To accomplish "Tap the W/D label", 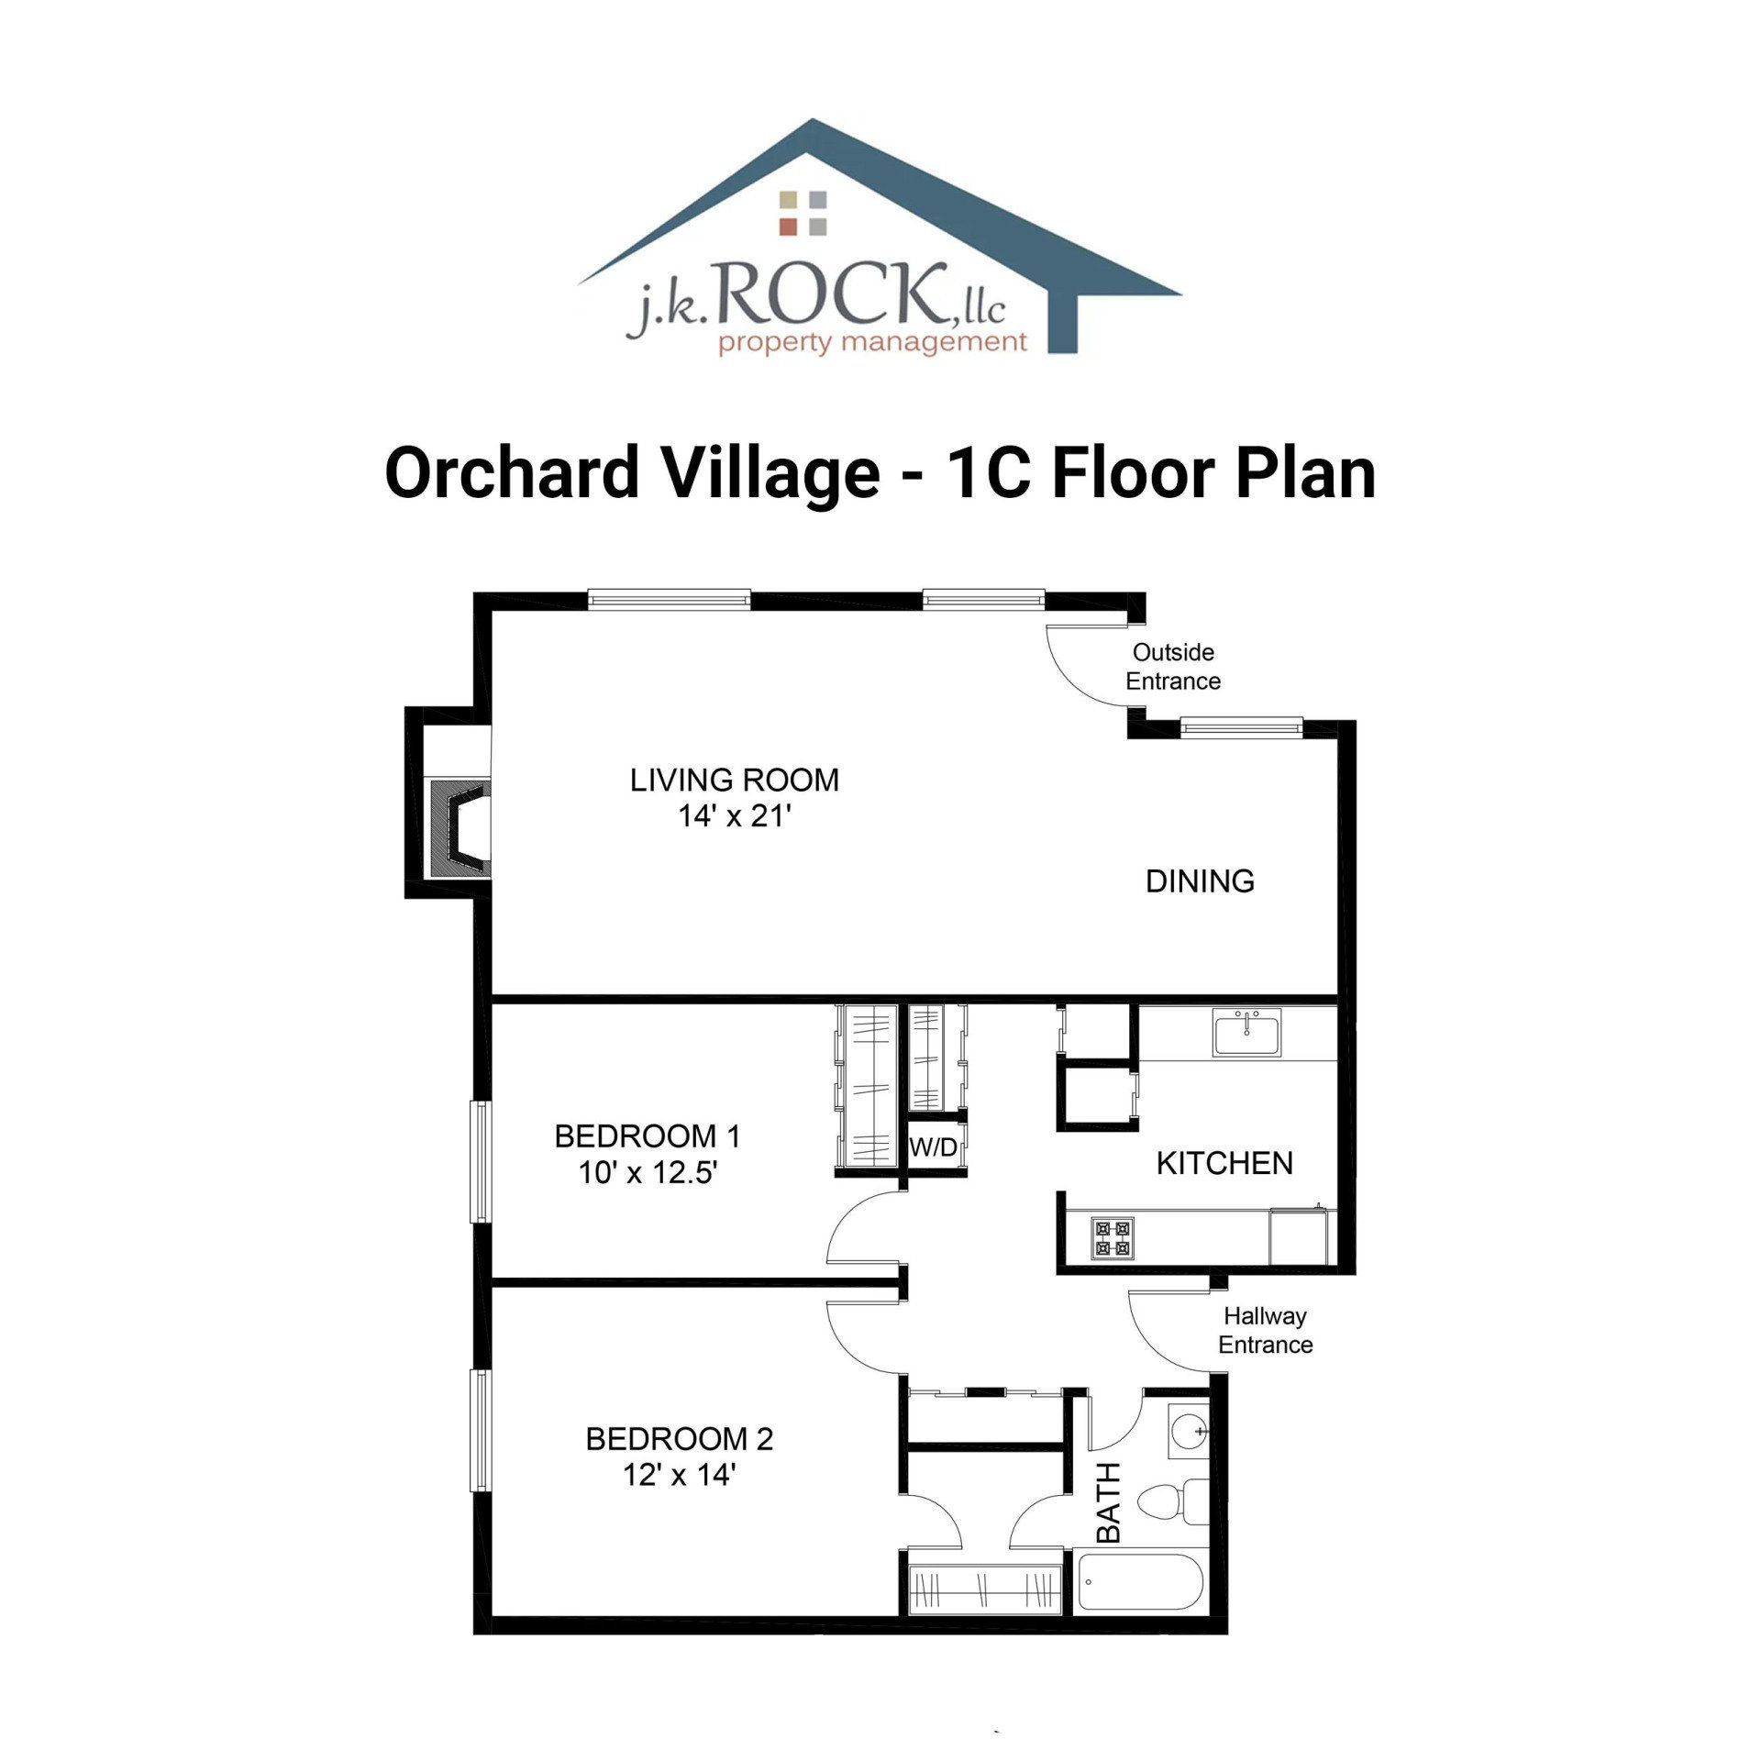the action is tap(934, 1147).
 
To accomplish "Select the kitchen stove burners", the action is tap(1112, 1237).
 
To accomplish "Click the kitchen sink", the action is tap(1247, 1033).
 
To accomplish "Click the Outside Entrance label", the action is tap(1173, 667).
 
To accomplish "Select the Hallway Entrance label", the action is tap(1265, 1330).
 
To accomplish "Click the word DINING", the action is tap(1200, 881).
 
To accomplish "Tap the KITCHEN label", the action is tap(1224, 1163).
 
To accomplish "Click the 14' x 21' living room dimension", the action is tap(734, 815).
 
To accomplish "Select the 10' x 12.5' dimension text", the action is tap(647, 1172).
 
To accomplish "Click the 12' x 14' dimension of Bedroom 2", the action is tap(679, 1475).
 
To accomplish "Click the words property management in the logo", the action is tap(872, 344).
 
